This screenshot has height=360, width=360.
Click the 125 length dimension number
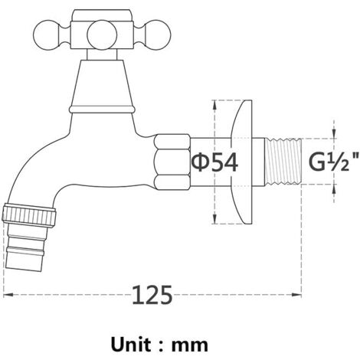pos(152,295)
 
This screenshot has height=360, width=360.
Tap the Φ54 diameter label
pos(214,162)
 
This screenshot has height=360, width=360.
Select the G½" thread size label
pos(333,162)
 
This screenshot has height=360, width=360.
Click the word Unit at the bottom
pos(131,345)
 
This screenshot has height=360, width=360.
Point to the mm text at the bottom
pos(190,346)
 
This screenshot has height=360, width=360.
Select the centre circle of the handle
pos(102,35)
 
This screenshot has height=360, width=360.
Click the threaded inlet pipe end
pos(283,162)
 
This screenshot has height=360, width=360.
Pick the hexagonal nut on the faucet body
pos(172,162)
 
